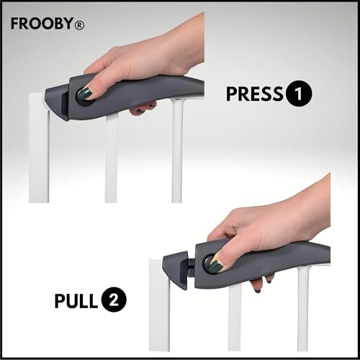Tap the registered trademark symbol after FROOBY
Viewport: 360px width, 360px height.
[x=78, y=24]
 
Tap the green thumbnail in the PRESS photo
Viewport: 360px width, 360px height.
[x=86, y=94]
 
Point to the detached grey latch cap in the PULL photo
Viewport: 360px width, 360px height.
[x=176, y=270]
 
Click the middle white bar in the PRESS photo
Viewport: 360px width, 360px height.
[x=111, y=158]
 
